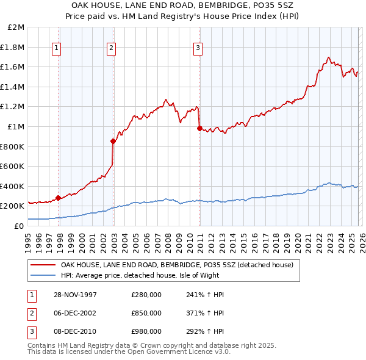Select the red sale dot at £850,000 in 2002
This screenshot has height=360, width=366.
(113, 141)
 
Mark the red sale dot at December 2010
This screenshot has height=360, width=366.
(199, 128)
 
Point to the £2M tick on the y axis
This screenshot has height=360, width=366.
(16, 27)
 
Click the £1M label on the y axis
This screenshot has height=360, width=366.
(16, 127)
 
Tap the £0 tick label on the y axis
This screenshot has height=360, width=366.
(19, 226)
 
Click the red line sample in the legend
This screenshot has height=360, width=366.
(43, 265)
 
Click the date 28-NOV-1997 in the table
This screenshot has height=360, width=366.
(76, 294)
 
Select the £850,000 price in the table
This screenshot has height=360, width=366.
(146, 313)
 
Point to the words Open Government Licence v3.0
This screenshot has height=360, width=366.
(184, 352)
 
